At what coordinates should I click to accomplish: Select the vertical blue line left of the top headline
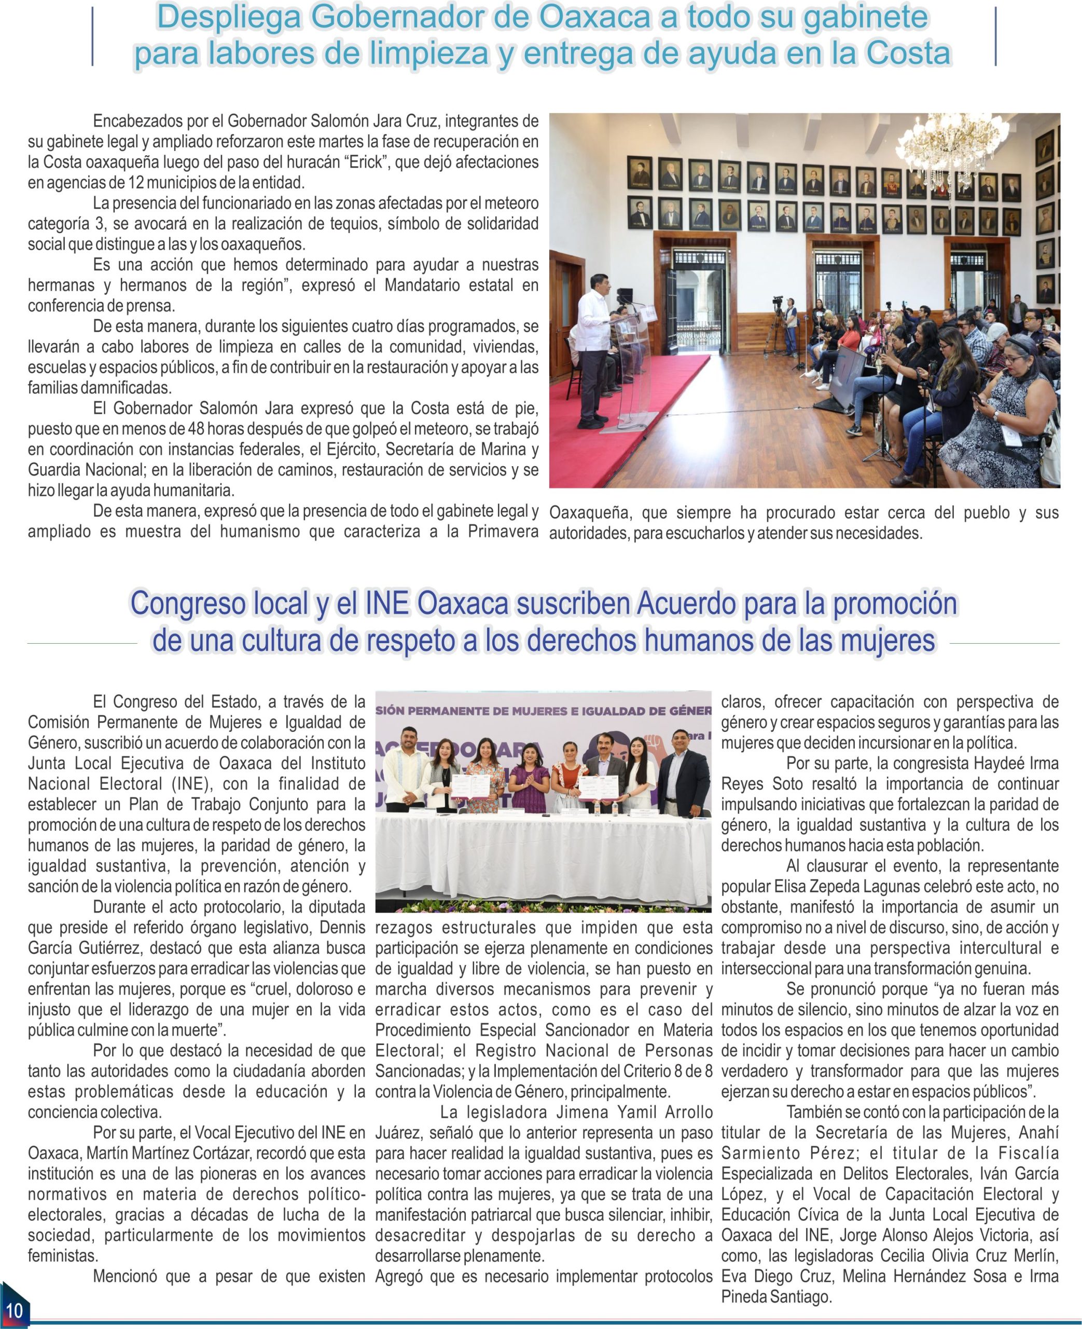(x=93, y=36)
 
